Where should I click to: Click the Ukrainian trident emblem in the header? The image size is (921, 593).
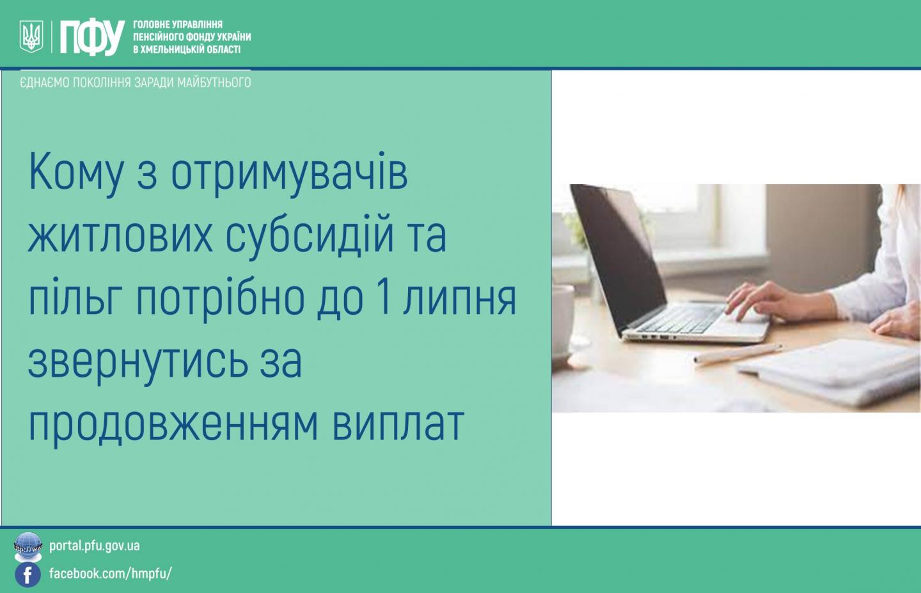(31, 36)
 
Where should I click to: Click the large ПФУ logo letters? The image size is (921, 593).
(92, 37)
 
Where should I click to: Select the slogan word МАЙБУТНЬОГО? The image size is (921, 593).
(214, 83)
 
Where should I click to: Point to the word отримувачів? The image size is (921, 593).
(289, 173)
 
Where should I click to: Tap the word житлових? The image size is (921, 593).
(120, 236)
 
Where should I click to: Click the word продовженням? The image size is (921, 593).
(173, 426)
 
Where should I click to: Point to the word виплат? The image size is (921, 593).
(398, 426)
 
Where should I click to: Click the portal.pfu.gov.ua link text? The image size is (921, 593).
(95, 546)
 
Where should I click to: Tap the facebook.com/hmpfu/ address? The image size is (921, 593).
(111, 573)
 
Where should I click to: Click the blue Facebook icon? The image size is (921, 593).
(28, 575)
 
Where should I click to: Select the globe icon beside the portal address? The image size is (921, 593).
(28, 547)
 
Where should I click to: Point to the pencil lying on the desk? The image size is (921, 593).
(737, 354)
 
